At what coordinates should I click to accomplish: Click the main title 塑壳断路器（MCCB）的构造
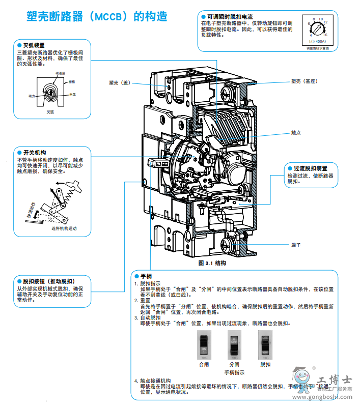click(97, 16)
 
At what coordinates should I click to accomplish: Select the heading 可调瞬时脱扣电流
click(228, 17)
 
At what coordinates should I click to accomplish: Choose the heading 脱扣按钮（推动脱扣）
click(48, 281)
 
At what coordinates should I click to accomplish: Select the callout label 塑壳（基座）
click(303, 81)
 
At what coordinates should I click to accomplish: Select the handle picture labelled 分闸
click(234, 345)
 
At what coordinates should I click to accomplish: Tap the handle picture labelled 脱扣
click(265, 345)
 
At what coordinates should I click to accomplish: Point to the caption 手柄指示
click(234, 373)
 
